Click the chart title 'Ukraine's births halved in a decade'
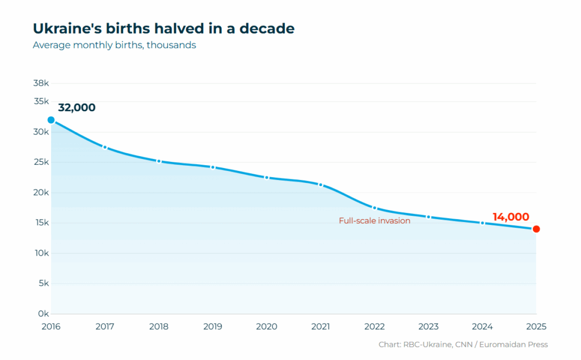pyautogui.click(x=163, y=28)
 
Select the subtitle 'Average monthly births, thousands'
pyautogui.click(x=114, y=45)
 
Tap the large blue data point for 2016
pyautogui.click(x=51, y=120)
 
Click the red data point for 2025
pyautogui.click(x=536, y=229)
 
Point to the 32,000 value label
pyautogui.click(x=77, y=108)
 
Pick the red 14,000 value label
pyautogui.click(x=511, y=217)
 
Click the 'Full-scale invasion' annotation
pyautogui.click(x=374, y=221)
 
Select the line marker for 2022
pyautogui.click(x=374, y=208)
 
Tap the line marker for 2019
pyautogui.click(x=213, y=168)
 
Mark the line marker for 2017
pyautogui.click(x=105, y=147)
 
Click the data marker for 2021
pyautogui.click(x=321, y=185)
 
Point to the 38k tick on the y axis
pyautogui.click(x=41, y=83)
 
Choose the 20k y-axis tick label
pyautogui.click(x=41, y=192)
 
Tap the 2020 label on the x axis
pyautogui.click(x=267, y=326)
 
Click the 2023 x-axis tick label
pyautogui.click(x=428, y=326)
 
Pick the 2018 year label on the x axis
pyautogui.click(x=159, y=326)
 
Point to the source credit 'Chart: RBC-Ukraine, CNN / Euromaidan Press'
pyautogui.click(x=463, y=345)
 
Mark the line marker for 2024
pyautogui.click(x=482, y=223)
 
